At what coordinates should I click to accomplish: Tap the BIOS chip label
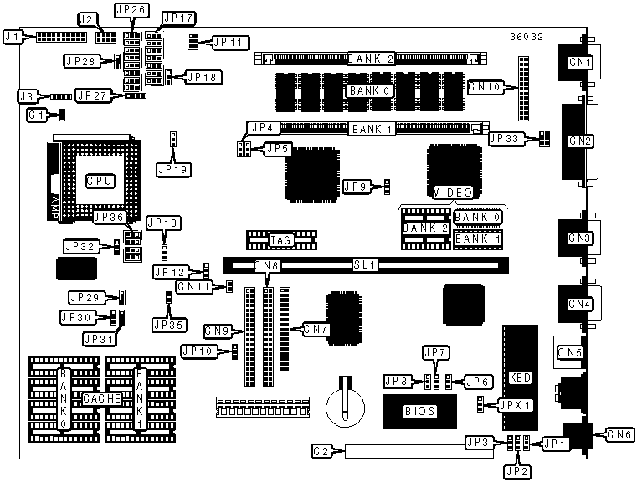pos(419,411)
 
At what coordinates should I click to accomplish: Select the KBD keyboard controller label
pos(520,377)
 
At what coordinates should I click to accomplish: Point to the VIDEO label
pos(451,193)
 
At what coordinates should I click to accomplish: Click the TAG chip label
pos(280,241)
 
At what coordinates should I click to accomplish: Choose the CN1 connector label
pos(579,62)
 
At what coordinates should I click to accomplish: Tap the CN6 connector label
pos(619,434)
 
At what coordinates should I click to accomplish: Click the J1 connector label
pos(12,37)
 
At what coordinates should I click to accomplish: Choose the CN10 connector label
pos(485,85)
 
